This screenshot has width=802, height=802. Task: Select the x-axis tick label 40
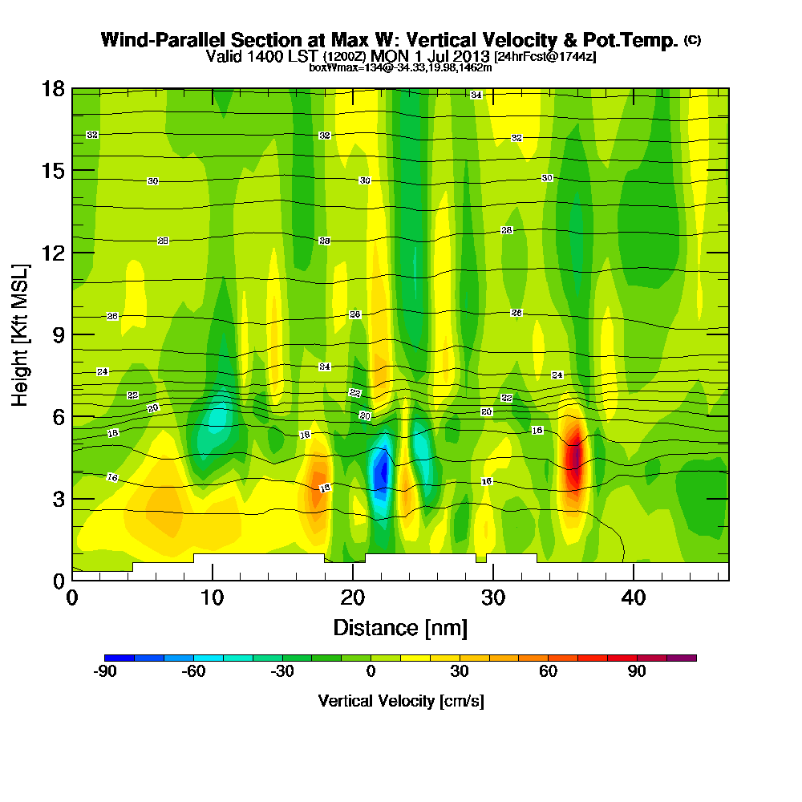click(634, 597)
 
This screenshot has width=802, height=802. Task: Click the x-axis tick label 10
click(213, 597)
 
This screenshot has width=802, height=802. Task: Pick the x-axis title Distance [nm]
click(400, 627)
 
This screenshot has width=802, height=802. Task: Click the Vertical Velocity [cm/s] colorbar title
click(400, 701)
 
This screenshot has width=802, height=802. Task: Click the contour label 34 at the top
click(476, 95)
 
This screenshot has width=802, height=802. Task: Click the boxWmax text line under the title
click(400, 67)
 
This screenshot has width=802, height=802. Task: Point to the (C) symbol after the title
click(692, 39)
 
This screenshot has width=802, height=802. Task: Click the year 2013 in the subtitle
click(472, 56)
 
